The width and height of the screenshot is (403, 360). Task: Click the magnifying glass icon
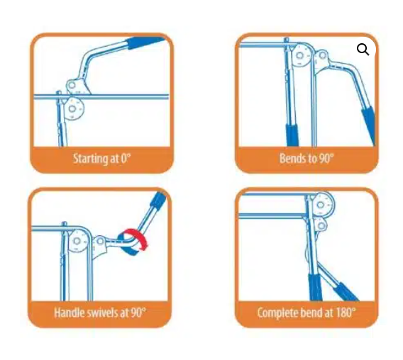tap(363, 50)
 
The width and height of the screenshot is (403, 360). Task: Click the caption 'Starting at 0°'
tap(102, 159)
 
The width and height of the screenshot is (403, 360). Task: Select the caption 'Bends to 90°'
tap(307, 158)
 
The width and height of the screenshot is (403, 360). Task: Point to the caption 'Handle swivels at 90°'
tap(100, 313)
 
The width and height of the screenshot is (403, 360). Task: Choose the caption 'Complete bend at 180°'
tap(307, 313)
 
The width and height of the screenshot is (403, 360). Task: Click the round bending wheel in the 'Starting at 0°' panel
tap(73, 109)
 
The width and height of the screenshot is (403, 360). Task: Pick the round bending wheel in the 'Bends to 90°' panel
tap(300, 55)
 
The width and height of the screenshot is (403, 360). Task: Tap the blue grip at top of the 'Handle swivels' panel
tap(158, 200)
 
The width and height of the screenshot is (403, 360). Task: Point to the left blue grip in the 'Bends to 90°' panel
tap(292, 135)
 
